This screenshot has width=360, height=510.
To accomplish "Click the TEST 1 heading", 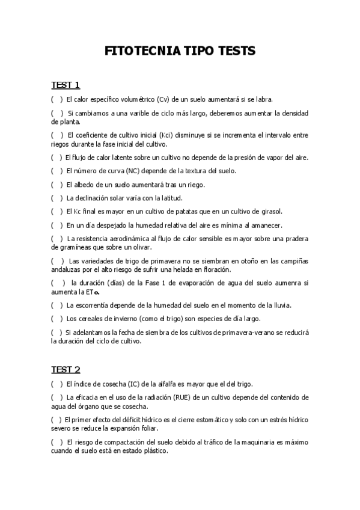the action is point(66,84).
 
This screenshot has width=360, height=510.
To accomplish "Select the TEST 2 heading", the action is point(66,369).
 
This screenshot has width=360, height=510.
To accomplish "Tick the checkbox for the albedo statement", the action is point(56,184).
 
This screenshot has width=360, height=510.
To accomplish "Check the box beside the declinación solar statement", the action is point(56,198).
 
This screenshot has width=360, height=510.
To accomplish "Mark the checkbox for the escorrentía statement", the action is point(56,305).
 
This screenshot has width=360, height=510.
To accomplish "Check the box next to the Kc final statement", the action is point(56,211).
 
